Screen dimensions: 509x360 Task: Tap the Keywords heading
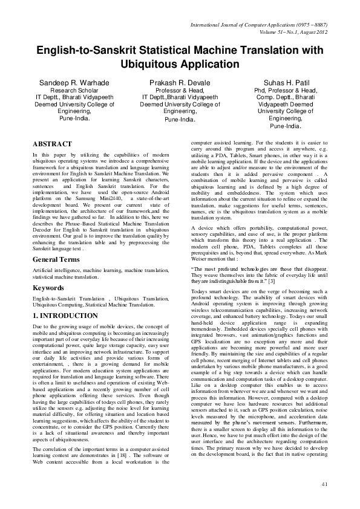tap(48, 288)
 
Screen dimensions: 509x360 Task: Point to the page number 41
tap(324, 484)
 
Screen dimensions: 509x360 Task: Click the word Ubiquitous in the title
tap(155, 63)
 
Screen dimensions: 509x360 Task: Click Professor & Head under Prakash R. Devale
tap(180, 89)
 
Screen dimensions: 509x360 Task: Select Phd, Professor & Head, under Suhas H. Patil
tap(285, 89)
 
